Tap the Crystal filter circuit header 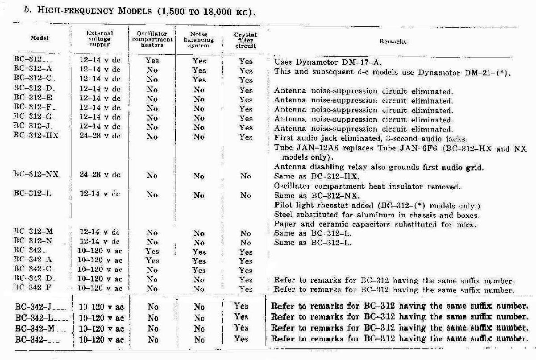245,40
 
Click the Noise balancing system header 199,39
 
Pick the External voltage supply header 100,39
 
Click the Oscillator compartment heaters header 152,39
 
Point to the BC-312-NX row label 36,175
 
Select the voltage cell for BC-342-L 101,318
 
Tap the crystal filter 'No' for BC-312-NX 245,176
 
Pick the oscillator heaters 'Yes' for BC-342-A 152,261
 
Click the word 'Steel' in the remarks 283,215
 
